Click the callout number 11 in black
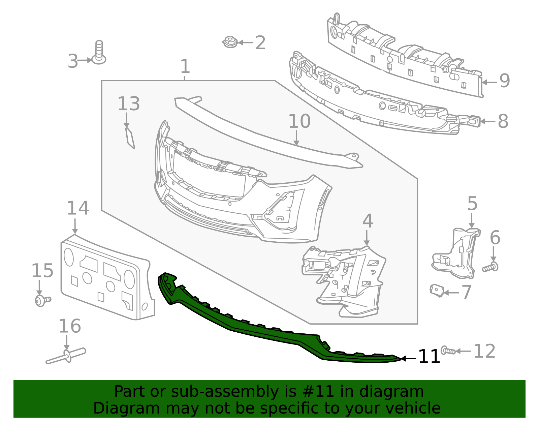pyautogui.click(x=429, y=357)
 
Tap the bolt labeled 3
pyautogui.click(x=99, y=54)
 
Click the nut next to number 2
pyautogui.click(x=230, y=42)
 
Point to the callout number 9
pyautogui.click(x=504, y=81)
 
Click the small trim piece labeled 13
pyautogui.click(x=130, y=138)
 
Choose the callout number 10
pyautogui.click(x=299, y=122)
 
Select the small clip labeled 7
pyautogui.click(x=437, y=291)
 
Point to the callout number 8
pyautogui.click(x=503, y=121)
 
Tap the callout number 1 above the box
pyautogui.click(x=185, y=67)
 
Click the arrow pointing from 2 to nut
pyautogui.click(x=246, y=43)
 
